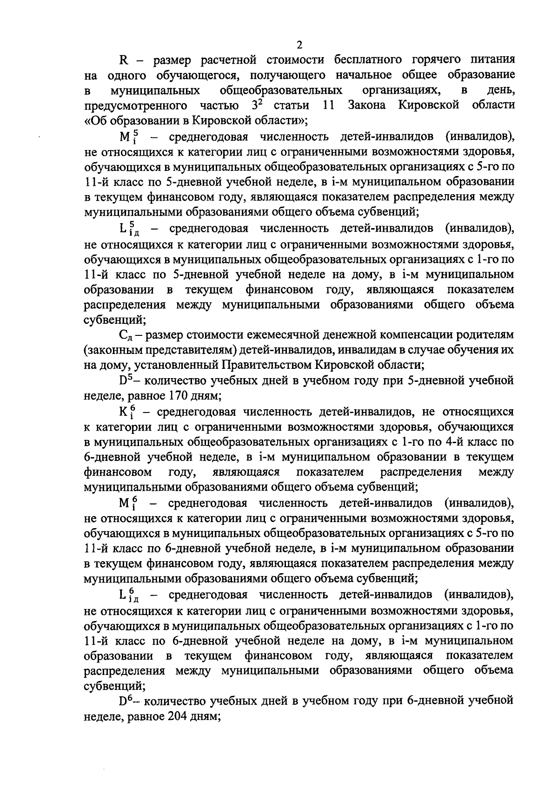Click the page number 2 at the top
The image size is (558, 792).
click(x=299, y=45)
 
